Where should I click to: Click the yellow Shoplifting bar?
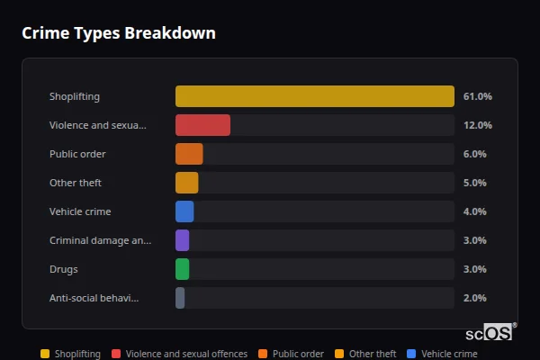(x=315, y=96)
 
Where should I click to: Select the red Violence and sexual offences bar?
(x=202, y=125)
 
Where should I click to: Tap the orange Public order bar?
(x=189, y=154)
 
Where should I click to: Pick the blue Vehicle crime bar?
(x=184, y=211)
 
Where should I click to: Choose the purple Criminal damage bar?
(x=182, y=240)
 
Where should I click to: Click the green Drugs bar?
(x=182, y=269)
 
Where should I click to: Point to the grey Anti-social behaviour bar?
(x=180, y=298)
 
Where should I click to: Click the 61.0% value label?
(x=477, y=96)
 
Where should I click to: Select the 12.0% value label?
(x=477, y=125)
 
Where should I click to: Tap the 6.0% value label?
(x=474, y=154)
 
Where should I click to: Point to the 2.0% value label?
(x=474, y=298)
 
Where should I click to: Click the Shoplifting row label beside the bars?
(x=75, y=96)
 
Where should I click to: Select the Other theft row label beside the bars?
(x=76, y=183)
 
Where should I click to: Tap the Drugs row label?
(x=63, y=269)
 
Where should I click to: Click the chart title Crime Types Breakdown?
(x=119, y=33)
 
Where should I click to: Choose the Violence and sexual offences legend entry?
(x=179, y=354)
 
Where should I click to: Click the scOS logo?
(x=490, y=332)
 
